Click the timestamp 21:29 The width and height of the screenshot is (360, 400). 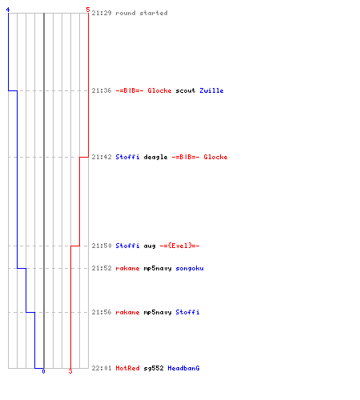pyautogui.click(x=102, y=13)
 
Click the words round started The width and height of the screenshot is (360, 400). pyautogui.click(x=142, y=13)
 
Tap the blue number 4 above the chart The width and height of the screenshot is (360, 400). pyautogui.click(x=8, y=10)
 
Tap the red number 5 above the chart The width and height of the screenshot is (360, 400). pyautogui.click(x=88, y=10)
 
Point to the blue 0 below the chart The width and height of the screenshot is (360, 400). pyautogui.click(x=43, y=371)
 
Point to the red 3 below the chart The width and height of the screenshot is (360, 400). pyautogui.click(x=70, y=371)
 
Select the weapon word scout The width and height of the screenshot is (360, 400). pyautogui.click(x=186, y=90)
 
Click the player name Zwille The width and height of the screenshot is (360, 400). pyautogui.click(x=211, y=90)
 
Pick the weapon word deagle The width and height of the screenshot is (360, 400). pyautogui.click(x=155, y=157)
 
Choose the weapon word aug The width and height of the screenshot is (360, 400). pyautogui.click(x=150, y=246)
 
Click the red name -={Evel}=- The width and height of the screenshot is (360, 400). pyautogui.click(x=179, y=246)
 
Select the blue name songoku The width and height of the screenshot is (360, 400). pyautogui.click(x=190, y=268)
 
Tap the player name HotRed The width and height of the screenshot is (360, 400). pyautogui.click(x=127, y=368)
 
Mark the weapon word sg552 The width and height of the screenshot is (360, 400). pyautogui.click(x=154, y=368)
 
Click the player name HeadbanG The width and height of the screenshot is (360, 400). pyautogui.click(x=183, y=368)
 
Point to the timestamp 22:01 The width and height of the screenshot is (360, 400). pyautogui.click(x=102, y=368)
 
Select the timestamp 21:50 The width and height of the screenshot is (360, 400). pyautogui.click(x=102, y=246)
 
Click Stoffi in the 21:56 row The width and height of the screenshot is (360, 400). pyautogui.click(x=187, y=312)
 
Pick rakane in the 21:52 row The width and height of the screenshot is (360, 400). pyautogui.click(x=127, y=268)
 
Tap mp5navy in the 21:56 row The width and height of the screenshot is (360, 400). pyautogui.click(x=158, y=312)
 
